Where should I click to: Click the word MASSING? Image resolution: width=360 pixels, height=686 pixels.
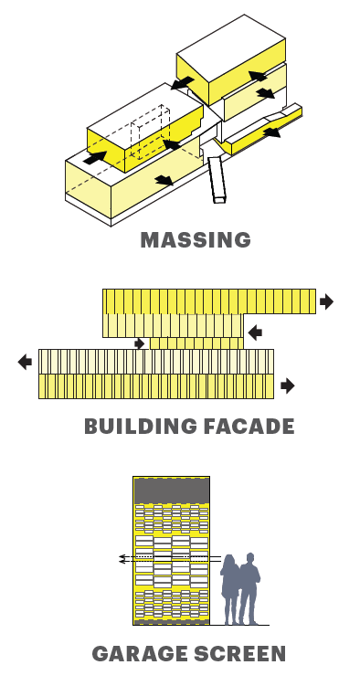[x=196, y=239]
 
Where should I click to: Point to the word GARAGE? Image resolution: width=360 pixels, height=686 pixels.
[x=140, y=654]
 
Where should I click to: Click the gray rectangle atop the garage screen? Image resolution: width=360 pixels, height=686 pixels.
[x=172, y=491]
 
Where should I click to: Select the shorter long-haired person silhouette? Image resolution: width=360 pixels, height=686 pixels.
[x=230, y=589]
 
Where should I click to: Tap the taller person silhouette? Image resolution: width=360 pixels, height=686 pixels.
[x=249, y=588]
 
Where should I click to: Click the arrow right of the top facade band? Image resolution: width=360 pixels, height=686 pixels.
[x=327, y=301]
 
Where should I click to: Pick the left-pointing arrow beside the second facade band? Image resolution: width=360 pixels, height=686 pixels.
[x=255, y=332]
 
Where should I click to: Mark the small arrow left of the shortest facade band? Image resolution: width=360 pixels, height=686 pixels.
[x=140, y=343]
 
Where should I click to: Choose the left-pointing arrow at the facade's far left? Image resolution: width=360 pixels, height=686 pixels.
[x=25, y=363]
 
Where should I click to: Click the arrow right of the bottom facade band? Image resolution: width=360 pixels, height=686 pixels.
[x=288, y=385]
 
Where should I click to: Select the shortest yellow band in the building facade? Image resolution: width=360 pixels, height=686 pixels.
[x=196, y=343]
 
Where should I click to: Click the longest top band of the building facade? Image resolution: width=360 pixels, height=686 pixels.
[x=209, y=301]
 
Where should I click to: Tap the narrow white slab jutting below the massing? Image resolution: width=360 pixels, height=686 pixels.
[x=217, y=180]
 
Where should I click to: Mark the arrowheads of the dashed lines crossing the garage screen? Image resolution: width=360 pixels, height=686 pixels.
[x=122, y=559]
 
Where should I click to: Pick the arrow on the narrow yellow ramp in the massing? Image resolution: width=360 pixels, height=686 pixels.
[x=272, y=132]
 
